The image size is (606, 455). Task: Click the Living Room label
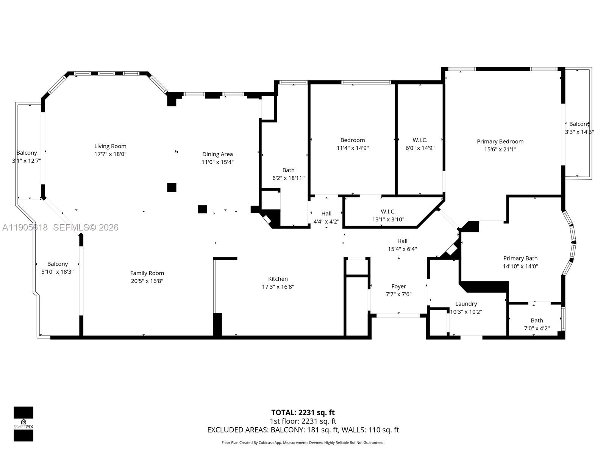[x=110, y=146]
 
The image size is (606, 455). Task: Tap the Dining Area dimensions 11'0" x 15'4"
[x=217, y=162]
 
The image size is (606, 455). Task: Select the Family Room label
[x=147, y=273]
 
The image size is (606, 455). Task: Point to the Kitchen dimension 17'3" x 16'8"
[x=278, y=287]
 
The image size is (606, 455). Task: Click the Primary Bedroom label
[x=500, y=141]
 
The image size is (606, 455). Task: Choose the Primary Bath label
[x=520, y=258]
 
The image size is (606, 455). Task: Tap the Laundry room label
[x=466, y=304]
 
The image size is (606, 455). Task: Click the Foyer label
[x=398, y=286]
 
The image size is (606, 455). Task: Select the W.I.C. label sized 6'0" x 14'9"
[x=420, y=140]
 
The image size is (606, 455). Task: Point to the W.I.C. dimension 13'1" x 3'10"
[x=388, y=220]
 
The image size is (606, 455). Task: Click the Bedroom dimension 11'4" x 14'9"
[x=352, y=148]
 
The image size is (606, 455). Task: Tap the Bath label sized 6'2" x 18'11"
[x=288, y=170]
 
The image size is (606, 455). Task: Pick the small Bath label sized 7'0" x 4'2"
[x=537, y=320]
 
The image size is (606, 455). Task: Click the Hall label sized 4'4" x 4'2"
[x=326, y=213]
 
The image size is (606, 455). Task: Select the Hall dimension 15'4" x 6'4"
[x=402, y=249]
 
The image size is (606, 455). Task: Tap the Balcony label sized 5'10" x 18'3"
[x=58, y=264]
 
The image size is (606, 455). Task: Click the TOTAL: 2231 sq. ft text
[x=303, y=413]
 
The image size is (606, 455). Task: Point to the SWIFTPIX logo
[x=23, y=424]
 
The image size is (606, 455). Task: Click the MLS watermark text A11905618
[x=25, y=227]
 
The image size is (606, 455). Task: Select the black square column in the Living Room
[x=172, y=187]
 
